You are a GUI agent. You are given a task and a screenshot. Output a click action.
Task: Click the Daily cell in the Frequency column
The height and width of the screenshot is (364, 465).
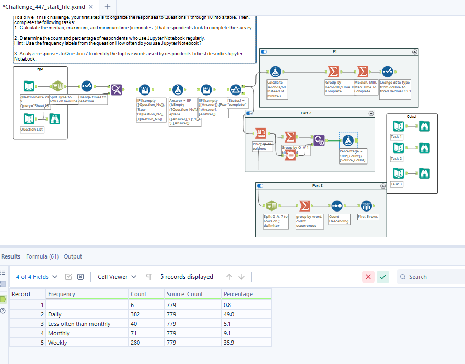click(55, 315)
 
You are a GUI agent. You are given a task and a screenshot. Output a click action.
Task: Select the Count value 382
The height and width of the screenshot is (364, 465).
click(136, 315)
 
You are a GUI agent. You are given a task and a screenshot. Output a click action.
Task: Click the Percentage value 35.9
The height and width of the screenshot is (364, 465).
click(229, 343)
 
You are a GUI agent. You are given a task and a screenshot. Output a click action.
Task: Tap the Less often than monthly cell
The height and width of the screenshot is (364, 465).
click(79, 324)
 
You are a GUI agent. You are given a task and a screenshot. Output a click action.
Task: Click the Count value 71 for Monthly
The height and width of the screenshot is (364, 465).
click(134, 333)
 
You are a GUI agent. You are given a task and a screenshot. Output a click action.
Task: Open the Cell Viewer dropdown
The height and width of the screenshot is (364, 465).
click(118, 277)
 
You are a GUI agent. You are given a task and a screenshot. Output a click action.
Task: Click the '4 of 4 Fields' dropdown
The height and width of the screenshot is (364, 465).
click(36, 277)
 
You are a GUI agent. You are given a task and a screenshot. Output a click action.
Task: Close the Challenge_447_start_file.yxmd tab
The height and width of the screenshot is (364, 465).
click(90, 7)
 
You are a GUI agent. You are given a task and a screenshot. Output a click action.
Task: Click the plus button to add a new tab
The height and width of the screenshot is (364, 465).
click(108, 7)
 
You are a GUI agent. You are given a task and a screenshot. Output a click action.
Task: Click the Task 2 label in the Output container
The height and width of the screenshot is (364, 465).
click(397, 158)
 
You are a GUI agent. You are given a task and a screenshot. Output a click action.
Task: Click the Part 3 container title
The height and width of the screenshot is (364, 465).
click(318, 185)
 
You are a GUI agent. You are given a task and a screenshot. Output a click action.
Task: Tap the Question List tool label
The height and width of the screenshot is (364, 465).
click(32, 130)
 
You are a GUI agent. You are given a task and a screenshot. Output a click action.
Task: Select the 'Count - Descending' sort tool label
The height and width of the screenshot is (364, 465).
click(339, 219)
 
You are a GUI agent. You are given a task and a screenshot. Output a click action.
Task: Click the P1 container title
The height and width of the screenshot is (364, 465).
click(335, 52)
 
